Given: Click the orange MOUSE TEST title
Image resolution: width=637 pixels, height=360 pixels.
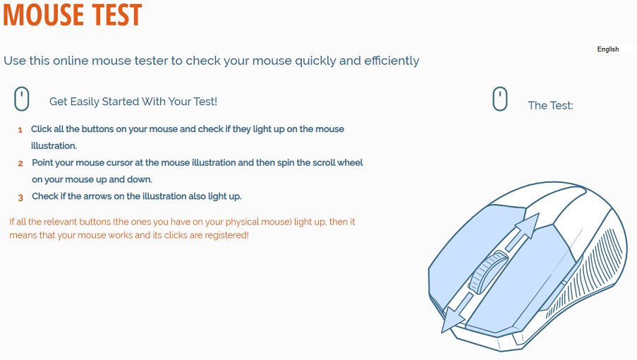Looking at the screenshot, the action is click(73, 15).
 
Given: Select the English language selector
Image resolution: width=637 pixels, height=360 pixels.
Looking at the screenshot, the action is click(608, 49).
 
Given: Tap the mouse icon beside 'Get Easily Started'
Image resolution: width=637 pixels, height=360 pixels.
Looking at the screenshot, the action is click(22, 99).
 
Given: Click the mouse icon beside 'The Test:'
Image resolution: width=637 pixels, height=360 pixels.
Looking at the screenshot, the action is click(500, 99).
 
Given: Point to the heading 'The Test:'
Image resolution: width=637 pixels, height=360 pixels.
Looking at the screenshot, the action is click(550, 106).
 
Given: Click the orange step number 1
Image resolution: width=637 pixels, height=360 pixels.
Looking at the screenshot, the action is click(20, 130).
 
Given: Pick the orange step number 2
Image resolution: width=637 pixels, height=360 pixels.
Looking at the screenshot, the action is click(20, 164).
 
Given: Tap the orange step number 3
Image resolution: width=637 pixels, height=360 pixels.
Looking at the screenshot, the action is click(20, 198).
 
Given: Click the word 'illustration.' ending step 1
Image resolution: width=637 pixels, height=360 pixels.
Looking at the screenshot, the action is click(54, 146).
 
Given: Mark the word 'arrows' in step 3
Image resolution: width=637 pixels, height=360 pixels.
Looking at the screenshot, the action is click(97, 196).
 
